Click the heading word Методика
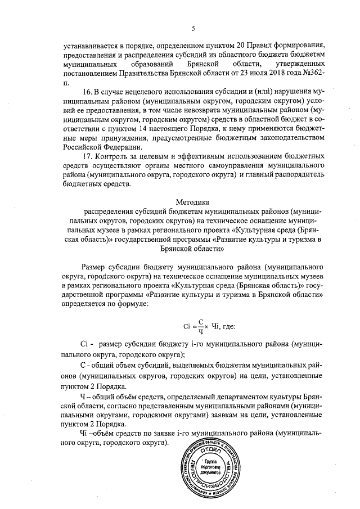coord(192,201)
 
